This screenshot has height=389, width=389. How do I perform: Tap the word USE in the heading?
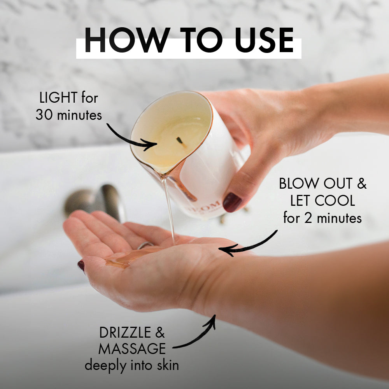[x=260, y=40]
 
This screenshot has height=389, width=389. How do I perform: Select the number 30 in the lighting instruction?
[x=44, y=115]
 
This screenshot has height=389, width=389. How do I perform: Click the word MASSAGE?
[x=132, y=349]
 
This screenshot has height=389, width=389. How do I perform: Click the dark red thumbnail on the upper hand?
[x=232, y=202]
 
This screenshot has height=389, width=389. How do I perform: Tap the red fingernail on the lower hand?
[x=81, y=266]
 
